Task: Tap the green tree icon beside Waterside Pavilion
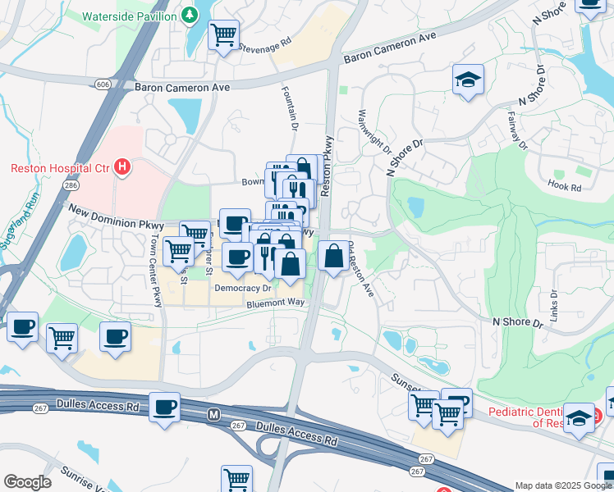coord(190,15)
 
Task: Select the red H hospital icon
coord(122,168)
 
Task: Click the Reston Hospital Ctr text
coord(59,169)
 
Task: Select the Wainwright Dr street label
coord(373,132)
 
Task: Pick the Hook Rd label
coord(564,187)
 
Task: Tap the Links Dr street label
coord(555,304)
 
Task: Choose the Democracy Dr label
coord(243,289)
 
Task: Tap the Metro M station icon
coord(213,416)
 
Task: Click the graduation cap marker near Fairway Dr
coord(468,80)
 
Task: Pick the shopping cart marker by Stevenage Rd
coord(222,35)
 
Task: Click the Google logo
coord(27,481)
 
